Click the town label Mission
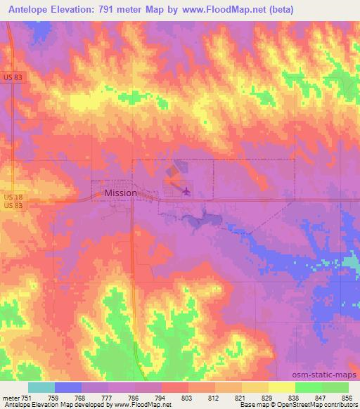coord(120,193)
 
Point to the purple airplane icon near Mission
coord(186,189)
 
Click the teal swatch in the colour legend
coord(41,387)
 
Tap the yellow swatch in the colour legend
coord(281,387)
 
